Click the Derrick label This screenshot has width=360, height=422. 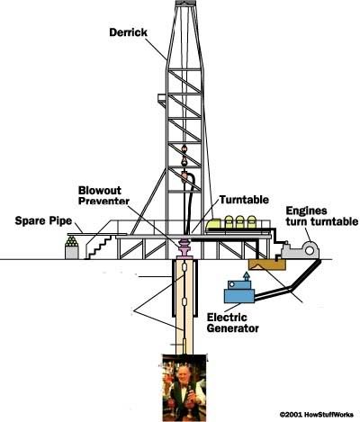coord(128,32)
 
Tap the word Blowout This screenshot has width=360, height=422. coord(100,191)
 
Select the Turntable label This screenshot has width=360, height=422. coord(244,200)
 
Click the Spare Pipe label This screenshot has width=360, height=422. coord(43,221)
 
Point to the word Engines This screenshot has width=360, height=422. coord(306,211)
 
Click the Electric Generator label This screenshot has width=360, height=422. coord(233,322)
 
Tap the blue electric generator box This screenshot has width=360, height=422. coord(239,292)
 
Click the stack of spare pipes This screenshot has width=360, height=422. coord(72,241)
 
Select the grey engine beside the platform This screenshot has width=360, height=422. coord(300,249)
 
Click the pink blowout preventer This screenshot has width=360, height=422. coord(184,248)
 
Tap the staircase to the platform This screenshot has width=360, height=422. coord(100,247)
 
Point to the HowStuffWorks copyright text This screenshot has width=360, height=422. coord(317,415)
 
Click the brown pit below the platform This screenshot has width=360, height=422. coord(267,265)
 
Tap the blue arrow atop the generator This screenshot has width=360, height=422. coord(246,276)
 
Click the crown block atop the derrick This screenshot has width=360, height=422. coord(186,3)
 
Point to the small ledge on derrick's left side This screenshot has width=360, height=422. coord(162,99)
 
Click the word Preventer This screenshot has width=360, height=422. coord(103,201)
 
